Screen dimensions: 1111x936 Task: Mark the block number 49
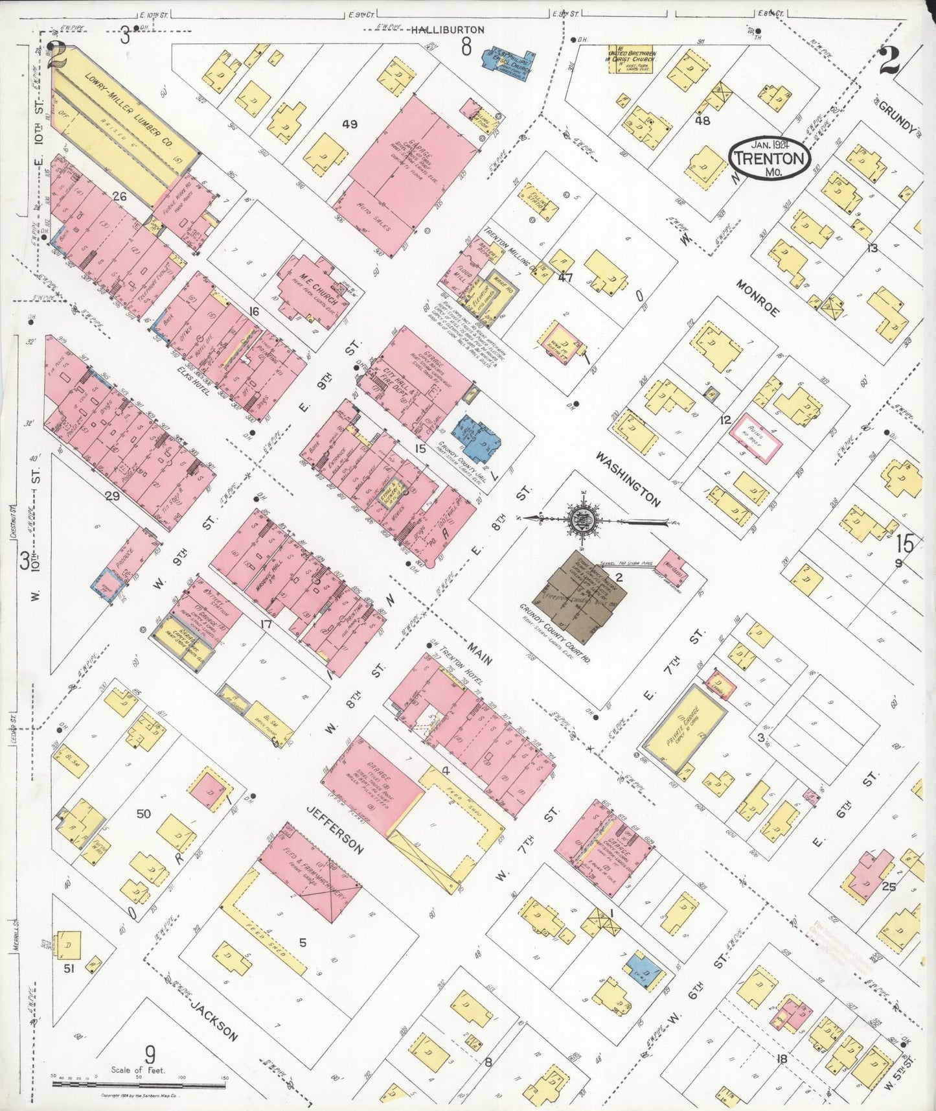[350, 124]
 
